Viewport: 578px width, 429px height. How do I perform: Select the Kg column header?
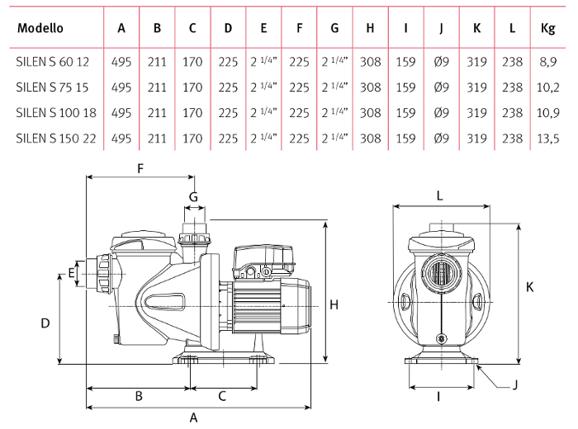547,28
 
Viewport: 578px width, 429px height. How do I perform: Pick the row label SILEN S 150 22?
56,138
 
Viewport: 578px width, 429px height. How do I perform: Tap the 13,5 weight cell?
547,138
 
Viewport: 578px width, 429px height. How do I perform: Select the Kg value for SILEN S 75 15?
547,87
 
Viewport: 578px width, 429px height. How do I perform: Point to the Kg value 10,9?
547,112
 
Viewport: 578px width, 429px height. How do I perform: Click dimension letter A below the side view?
194,417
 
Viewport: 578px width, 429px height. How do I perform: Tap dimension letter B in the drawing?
139,396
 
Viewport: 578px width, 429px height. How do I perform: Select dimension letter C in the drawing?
222,396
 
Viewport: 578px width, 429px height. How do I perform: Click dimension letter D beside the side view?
45,323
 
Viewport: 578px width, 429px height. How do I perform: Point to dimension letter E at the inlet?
72,273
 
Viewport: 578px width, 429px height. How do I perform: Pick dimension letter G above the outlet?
194,196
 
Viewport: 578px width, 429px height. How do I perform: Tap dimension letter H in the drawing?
334,305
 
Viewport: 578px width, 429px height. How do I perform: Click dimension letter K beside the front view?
529,287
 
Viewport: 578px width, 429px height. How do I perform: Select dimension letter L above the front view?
439,196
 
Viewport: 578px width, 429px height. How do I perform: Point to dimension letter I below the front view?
439,397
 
